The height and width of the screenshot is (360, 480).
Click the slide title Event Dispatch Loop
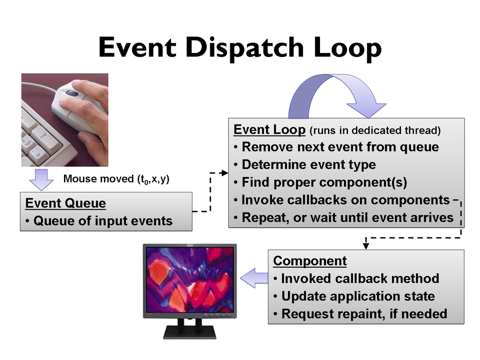pos(240,48)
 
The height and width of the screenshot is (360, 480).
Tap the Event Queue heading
pos(65,203)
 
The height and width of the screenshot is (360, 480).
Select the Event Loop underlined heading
pos(269,130)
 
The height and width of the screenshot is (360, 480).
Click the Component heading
pos(310,261)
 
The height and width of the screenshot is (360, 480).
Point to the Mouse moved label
pos(116,179)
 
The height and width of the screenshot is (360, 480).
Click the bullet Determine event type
pos(305,165)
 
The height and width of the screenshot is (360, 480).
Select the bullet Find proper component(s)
pos(320,183)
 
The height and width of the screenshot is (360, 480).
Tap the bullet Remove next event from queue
pos(336,147)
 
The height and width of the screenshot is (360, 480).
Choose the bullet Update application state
pos(354,296)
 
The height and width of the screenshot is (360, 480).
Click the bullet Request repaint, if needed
pos(360,314)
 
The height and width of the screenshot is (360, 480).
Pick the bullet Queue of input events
pos(99,221)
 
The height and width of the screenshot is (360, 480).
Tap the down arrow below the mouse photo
pos(41,180)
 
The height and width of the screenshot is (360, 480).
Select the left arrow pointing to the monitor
pos(254,278)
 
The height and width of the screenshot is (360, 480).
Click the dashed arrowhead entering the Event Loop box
pos(225,173)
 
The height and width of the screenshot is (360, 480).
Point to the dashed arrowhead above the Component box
pos(366,246)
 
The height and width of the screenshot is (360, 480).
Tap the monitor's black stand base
pos(190,332)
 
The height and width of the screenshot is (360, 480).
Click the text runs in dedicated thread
pos(375,131)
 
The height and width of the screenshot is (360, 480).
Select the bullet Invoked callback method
pos(356,279)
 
